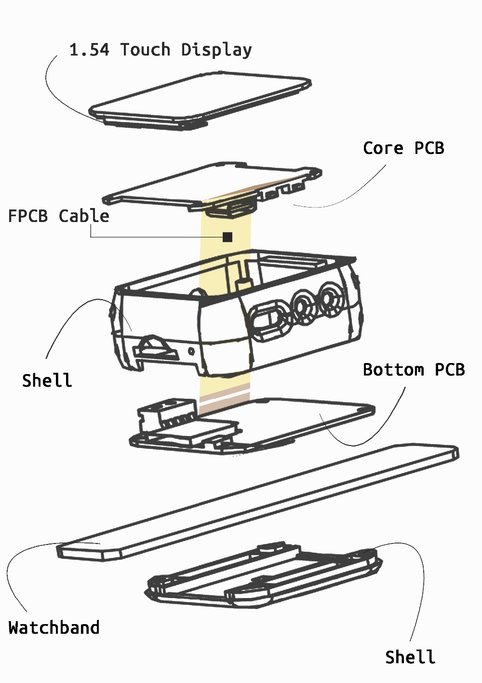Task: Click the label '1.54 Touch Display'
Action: (160, 50)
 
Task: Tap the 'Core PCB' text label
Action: (403, 148)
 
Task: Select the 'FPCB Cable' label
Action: (59, 216)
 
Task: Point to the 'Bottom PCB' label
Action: (414, 370)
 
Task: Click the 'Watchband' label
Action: (54, 627)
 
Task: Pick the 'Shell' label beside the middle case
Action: (47, 380)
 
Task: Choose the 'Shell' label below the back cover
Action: (410, 657)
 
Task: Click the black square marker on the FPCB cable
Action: (228, 237)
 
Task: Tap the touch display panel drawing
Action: (200, 99)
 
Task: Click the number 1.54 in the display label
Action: (89, 50)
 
